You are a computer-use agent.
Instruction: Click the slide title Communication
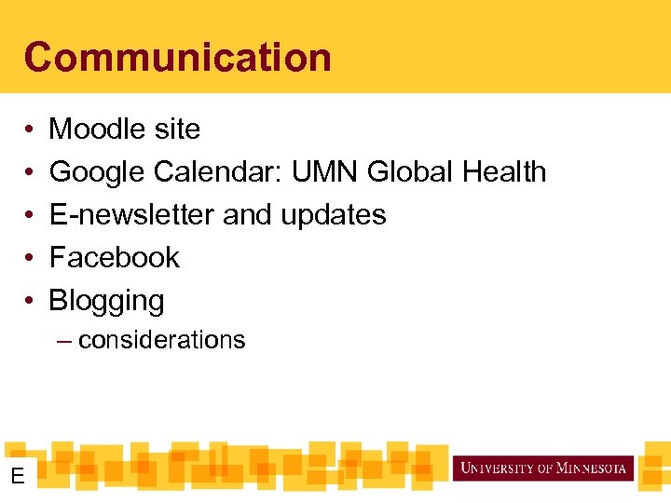(x=177, y=57)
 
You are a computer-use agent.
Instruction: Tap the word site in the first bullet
(x=177, y=129)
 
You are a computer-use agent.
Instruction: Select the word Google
(x=98, y=172)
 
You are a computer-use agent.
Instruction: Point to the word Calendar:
(x=219, y=172)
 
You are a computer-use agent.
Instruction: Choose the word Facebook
(x=114, y=258)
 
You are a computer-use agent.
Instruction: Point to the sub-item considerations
(x=161, y=340)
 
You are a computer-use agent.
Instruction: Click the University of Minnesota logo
(x=543, y=468)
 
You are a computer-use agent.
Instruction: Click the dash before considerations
(x=63, y=341)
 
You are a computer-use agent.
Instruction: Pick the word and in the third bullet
(x=247, y=215)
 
